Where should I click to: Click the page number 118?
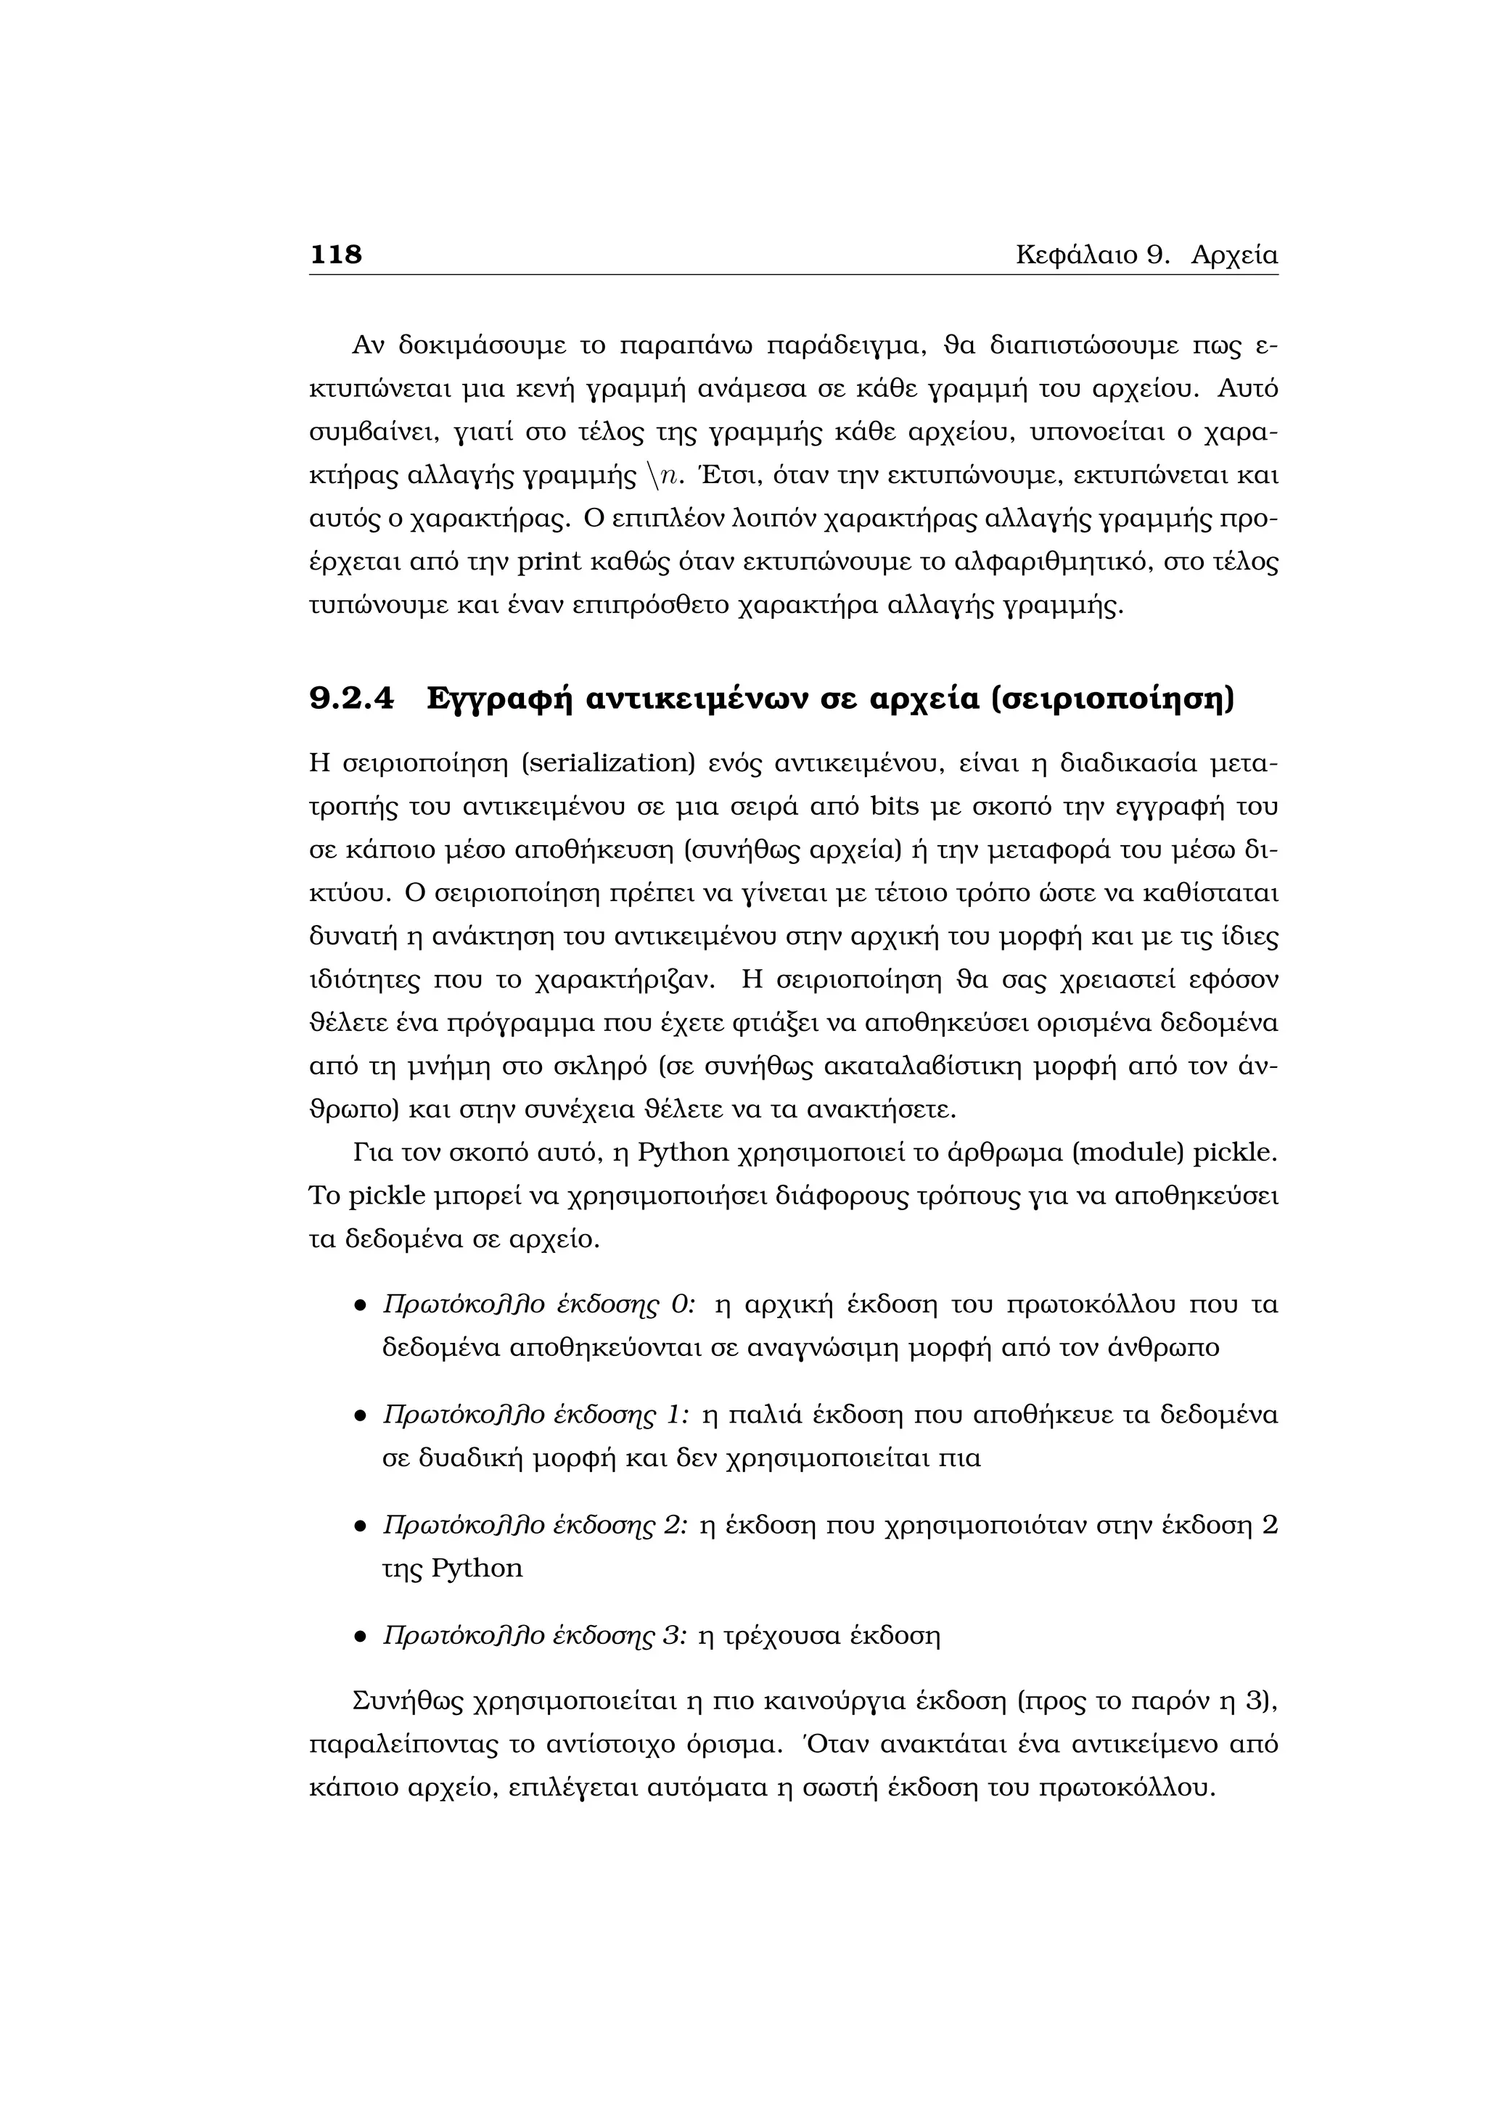336,255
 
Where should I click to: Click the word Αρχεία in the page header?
1233,255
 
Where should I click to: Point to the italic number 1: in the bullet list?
677,1415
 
